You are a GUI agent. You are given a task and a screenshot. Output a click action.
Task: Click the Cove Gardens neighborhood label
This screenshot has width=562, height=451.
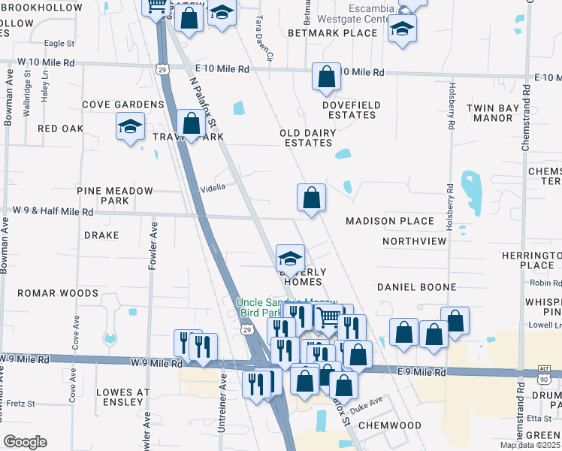122,104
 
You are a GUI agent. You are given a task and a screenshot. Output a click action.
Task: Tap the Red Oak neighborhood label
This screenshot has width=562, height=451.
60,129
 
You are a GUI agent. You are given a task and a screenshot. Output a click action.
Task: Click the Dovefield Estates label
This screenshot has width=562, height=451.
351,110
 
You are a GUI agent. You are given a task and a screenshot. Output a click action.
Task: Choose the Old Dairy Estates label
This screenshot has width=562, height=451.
306,138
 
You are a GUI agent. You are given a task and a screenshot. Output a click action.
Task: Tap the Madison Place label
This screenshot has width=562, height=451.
389,221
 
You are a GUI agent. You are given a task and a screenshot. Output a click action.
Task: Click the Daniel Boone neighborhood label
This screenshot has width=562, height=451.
416,287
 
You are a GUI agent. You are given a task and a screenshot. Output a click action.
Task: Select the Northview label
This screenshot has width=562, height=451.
414,241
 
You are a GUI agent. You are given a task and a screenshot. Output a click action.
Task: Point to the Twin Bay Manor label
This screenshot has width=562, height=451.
493,113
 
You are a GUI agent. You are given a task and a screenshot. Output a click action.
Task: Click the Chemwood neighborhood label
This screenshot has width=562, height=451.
389,425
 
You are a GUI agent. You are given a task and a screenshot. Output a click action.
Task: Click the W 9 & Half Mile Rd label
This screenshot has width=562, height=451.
51,213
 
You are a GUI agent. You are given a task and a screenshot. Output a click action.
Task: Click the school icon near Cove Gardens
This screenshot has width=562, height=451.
130,126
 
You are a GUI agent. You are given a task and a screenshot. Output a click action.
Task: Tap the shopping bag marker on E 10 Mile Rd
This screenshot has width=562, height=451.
326,77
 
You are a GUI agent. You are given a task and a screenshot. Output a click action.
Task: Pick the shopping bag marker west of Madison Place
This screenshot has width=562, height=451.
311,198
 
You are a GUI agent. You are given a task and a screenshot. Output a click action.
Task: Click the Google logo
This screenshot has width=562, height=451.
24,442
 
